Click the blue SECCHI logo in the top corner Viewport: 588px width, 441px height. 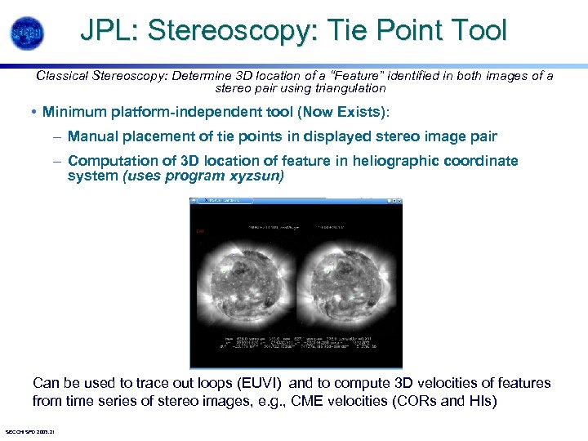point(27,33)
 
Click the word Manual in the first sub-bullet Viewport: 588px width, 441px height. point(91,136)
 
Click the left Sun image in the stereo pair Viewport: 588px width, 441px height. point(244,278)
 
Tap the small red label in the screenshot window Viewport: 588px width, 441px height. point(199,232)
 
